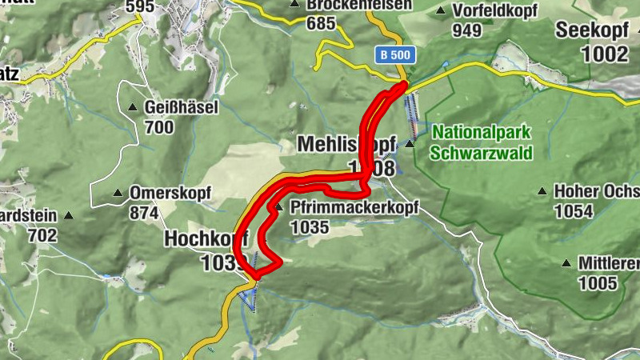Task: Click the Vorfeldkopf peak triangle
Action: (x=441, y=11)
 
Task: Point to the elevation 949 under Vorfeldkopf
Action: (x=466, y=30)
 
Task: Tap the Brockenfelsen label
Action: (x=359, y=5)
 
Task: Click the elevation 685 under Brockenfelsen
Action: (x=320, y=22)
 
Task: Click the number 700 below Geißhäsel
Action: (x=159, y=126)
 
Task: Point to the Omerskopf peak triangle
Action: (x=118, y=193)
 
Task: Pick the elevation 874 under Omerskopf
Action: (x=143, y=213)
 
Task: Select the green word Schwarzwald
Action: (x=481, y=151)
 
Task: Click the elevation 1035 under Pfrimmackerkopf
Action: (x=311, y=227)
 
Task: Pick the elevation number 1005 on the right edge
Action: (x=598, y=282)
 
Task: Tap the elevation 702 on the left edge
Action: (x=42, y=235)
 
